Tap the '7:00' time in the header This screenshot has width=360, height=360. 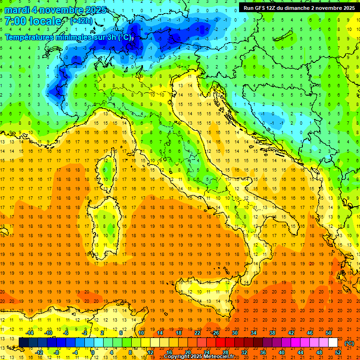[x=15, y=21]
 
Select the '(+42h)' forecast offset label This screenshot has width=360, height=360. [x=81, y=21]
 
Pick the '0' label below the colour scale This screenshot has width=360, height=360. [x=92, y=352]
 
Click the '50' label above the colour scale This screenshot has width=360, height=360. [x=329, y=333]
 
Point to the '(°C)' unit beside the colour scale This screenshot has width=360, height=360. [x=349, y=343]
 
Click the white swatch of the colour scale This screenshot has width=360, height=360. [x=333, y=343]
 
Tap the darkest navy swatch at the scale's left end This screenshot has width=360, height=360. [x=23, y=343]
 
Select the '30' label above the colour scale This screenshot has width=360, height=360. [x=235, y=333]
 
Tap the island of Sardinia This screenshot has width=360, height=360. [x=107, y=220]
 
